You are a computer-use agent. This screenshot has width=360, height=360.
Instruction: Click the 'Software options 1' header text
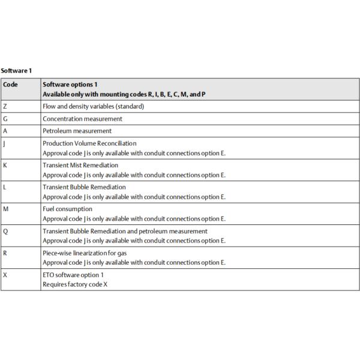click(70, 85)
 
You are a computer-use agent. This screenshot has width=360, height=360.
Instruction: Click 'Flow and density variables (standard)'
click(93, 106)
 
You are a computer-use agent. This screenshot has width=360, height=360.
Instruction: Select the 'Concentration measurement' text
click(82, 119)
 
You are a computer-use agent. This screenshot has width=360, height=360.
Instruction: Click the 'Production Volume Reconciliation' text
click(89, 143)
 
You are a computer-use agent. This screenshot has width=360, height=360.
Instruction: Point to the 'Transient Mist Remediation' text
click(80, 165)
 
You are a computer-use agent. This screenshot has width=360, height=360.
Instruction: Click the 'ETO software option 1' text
click(73, 275)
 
